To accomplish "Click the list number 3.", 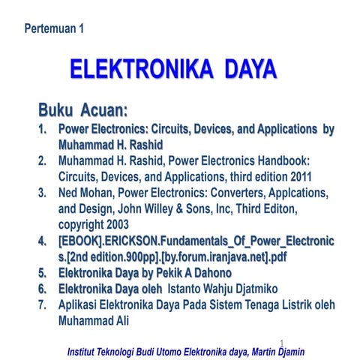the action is (43, 193).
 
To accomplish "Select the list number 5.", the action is (43, 273).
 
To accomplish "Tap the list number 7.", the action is (43, 305).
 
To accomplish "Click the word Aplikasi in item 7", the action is (82, 305).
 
